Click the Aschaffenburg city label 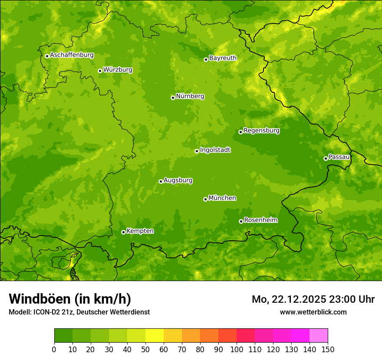coord(72,55)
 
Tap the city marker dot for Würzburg coord(100,71)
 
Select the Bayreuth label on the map coord(223,58)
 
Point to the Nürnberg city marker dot coord(173,98)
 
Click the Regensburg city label coord(261,131)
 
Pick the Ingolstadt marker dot coord(197,151)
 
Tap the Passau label coord(339,157)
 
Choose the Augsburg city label coord(178,180)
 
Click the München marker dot coord(205,199)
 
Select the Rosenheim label coord(260,220)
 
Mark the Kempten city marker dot coord(123,232)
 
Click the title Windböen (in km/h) coord(70,299)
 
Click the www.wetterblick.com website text coord(313,312)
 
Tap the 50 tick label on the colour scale coord(145,349)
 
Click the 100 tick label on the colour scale coord(237,349)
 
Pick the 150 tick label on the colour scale coord(328,349)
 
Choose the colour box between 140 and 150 coord(319,336)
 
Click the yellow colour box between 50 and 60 coord(155,336)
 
